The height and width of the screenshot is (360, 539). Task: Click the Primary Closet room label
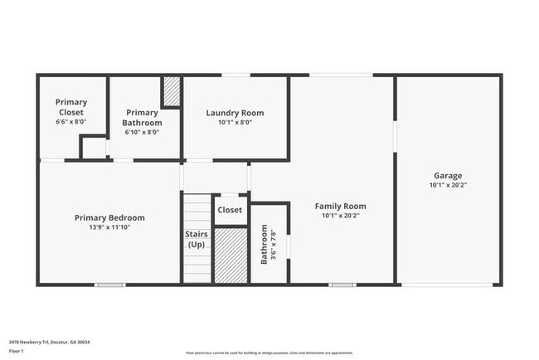click(x=71, y=107)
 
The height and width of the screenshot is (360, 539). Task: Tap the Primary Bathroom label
click(x=142, y=117)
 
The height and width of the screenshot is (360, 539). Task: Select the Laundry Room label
click(x=235, y=113)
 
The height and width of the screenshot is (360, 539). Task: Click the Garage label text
click(x=448, y=176)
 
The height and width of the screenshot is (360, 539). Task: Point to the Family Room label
click(x=340, y=206)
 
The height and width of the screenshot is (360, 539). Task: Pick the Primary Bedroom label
click(x=109, y=217)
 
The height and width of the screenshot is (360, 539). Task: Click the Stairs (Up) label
click(x=197, y=239)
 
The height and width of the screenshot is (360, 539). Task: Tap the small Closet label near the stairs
click(x=230, y=210)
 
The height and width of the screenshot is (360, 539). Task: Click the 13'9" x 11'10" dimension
click(x=109, y=226)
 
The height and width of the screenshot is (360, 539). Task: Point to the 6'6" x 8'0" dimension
click(x=71, y=122)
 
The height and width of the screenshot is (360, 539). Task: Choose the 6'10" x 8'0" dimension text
click(x=142, y=132)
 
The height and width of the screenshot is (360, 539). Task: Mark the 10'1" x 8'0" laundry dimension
click(x=235, y=122)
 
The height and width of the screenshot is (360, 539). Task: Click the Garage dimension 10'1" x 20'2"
click(x=448, y=186)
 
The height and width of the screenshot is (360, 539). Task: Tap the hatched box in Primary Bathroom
click(x=172, y=91)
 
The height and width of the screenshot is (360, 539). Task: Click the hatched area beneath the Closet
click(x=231, y=255)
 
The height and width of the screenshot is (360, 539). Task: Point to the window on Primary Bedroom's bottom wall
click(x=109, y=285)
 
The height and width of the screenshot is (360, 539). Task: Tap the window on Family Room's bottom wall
click(x=342, y=285)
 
